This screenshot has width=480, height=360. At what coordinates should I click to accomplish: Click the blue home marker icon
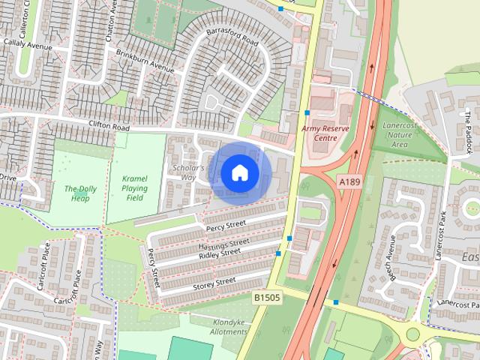point(239,173)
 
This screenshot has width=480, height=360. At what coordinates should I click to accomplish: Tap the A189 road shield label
point(349,181)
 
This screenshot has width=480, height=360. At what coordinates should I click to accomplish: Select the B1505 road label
point(266,298)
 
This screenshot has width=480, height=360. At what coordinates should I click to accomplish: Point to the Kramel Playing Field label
point(134,187)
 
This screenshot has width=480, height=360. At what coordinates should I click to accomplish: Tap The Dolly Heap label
point(80,193)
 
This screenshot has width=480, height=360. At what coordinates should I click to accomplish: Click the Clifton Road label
point(109,128)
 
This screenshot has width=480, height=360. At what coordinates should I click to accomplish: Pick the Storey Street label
point(214,283)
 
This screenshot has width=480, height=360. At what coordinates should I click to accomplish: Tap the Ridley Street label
point(219,254)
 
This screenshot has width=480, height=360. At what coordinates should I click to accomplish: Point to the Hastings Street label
point(223,244)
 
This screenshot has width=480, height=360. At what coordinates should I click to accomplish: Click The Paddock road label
point(468,127)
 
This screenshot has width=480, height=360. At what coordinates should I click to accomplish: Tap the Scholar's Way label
point(186,172)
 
